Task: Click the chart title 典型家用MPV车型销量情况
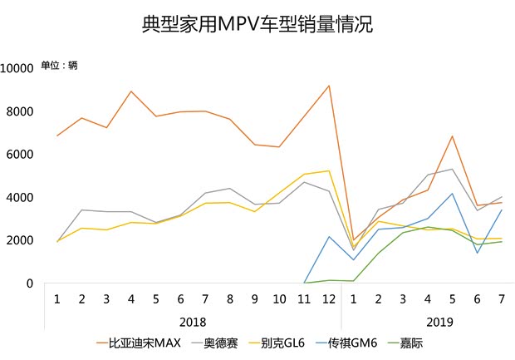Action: tap(257, 25)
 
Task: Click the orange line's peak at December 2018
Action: tap(329, 86)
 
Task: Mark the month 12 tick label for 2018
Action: tap(329, 298)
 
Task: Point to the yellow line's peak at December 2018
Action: tap(329, 171)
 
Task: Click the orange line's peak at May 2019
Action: tap(451, 136)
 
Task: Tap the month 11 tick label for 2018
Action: tap(305, 298)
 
